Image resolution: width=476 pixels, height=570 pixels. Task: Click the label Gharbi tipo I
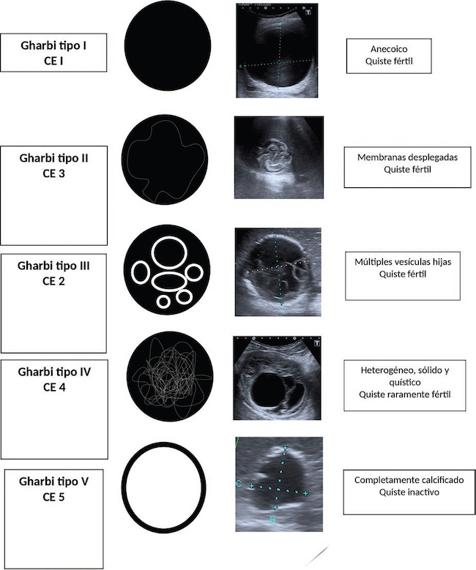(54, 45)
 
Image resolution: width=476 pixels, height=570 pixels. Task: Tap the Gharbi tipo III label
(53, 266)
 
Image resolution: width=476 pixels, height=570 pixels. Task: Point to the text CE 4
(54, 387)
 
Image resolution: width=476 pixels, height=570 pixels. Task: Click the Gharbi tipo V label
(54, 482)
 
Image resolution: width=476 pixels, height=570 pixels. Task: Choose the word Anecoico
(388, 48)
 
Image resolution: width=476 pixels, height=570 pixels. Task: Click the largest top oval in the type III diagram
(168, 251)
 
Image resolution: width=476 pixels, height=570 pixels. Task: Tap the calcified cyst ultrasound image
(279, 484)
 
